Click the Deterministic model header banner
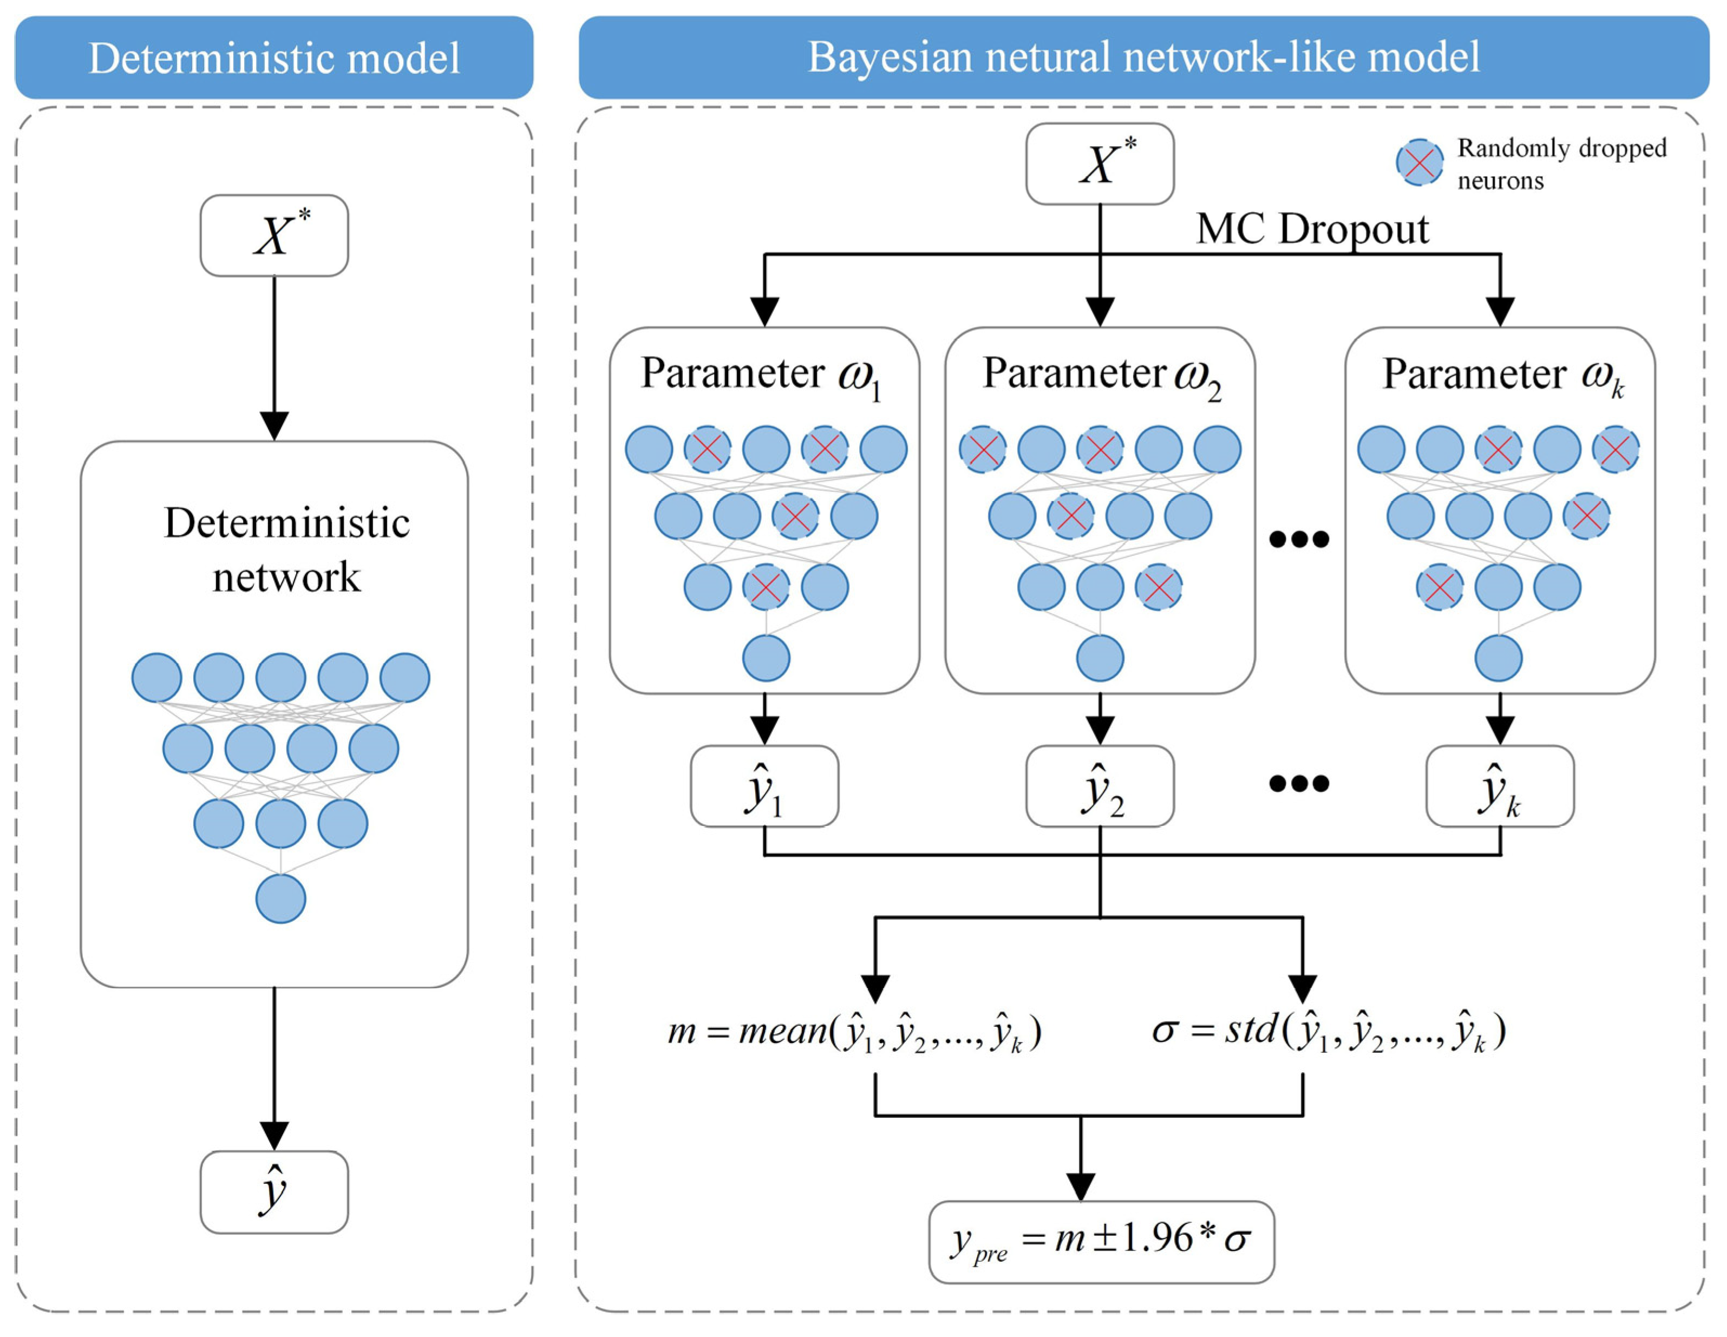[x=273, y=58]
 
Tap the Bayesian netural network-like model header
[x=1143, y=58]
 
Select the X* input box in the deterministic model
[x=273, y=235]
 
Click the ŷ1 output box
[x=764, y=787]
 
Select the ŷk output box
[x=1499, y=787]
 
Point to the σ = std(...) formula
[x=1329, y=1030]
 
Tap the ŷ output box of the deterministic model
[x=273, y=1191]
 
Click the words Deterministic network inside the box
[x=286, y=549]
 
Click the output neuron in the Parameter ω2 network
[x=1100, y=658]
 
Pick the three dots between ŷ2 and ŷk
[x=1298, y=784]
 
